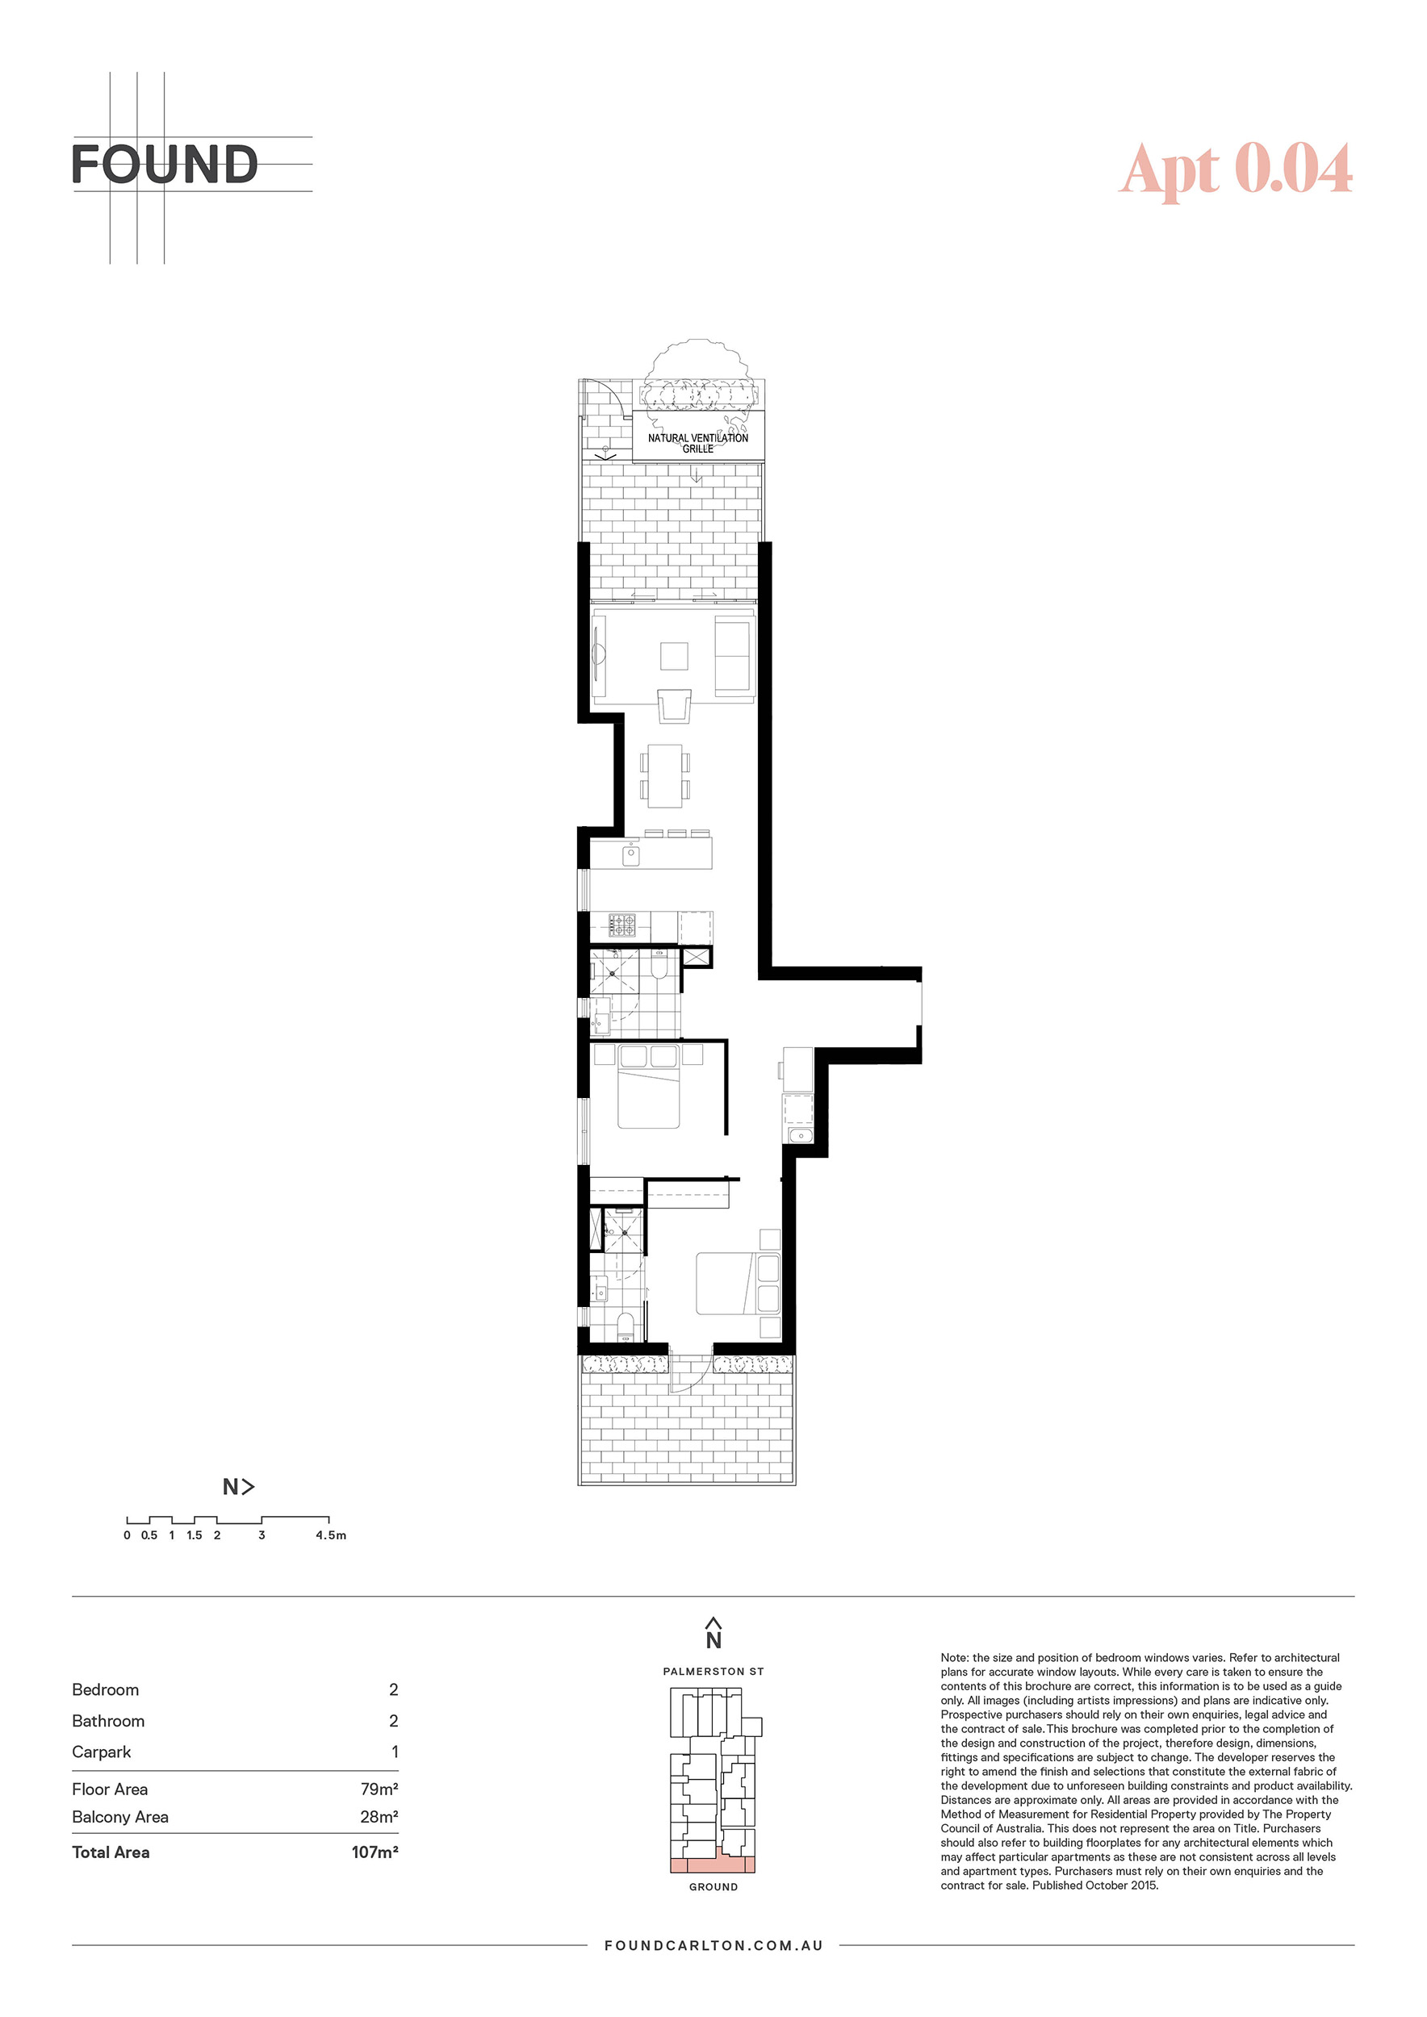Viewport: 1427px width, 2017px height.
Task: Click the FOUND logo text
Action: [x=165, y=165]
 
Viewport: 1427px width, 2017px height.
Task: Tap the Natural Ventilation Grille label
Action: [x=697, y=443]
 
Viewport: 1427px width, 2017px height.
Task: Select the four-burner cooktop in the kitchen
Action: [x=622, y=924]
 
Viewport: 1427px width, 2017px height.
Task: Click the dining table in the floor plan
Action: [x=665, y=775]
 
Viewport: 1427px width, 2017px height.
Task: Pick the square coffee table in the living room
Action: [x=675, y=656]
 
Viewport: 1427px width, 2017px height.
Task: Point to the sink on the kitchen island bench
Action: [x=631, y=854]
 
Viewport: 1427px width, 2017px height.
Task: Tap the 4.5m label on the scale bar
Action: [x=331, y=1535]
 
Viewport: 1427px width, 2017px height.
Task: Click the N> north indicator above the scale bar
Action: [x=238, y=1486]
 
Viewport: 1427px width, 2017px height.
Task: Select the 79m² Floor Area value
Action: [x=379, y=1789]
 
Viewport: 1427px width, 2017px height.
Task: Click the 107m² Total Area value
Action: [x=375, y=1852]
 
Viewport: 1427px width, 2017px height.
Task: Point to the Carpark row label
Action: [x=101, y=1752]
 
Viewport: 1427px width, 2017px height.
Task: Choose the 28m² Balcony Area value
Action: [x=379, y=1817]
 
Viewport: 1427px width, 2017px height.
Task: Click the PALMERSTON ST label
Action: [x=713, y=1672]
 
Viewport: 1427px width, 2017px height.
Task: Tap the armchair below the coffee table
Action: [x=675, y=705]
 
